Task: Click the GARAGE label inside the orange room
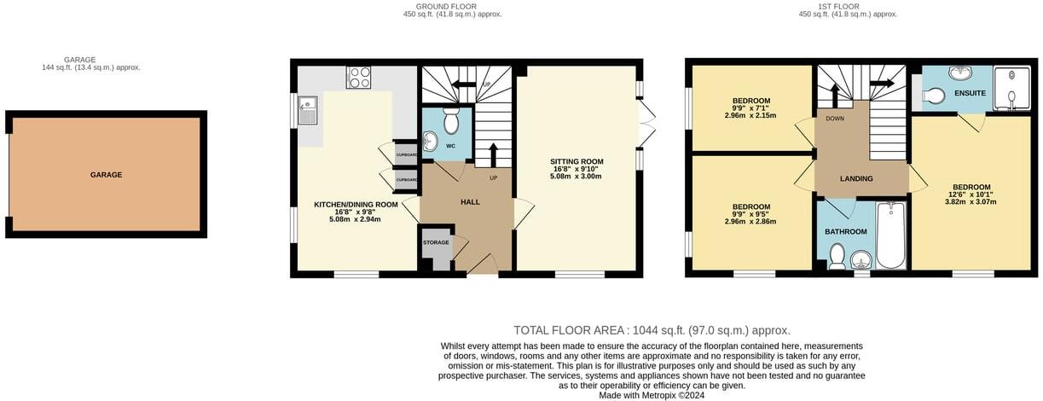(106, 175)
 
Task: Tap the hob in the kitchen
(358, 78)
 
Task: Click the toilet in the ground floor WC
(451, 116)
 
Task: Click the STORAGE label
(436, 243)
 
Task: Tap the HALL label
(470, 202)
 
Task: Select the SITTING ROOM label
(577, 161)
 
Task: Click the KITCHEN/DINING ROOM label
(356, 205)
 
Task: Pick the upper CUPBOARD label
(407, 154)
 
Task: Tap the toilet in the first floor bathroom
(837, 255)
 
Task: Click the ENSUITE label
(970, 92)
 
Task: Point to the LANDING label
(856, 178)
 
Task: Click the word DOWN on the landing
(835, 119)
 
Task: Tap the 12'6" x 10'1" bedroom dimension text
(972, 196)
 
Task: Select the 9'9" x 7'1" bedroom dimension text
(750, 108)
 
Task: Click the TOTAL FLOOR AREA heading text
(652, 330)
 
